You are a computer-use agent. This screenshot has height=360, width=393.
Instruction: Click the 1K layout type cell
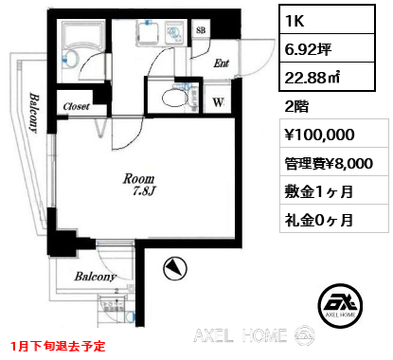[x=327, y=20]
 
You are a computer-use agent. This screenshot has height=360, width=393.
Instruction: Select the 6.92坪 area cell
[x=327, y=48]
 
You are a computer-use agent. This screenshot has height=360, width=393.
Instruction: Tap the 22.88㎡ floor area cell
[x=327, y=77]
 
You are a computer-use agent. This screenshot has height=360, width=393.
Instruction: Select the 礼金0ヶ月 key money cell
[x=334, y=218]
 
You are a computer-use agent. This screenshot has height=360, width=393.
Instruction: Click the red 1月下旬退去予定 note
[x=58, y=347]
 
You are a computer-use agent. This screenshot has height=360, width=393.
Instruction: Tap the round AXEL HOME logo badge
[x=340, y=306]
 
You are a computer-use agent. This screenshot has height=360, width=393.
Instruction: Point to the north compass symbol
[x=175, y=269]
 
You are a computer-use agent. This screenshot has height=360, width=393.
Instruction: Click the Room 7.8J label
[x=140, y=185]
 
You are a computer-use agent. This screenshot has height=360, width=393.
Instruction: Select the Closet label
[x=76, y=106]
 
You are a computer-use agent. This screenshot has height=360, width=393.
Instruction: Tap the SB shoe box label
[x=201, y=30]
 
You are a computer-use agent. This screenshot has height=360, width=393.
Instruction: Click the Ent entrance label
[x=221, y=63]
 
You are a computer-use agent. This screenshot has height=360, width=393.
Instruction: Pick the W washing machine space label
[x=218, y=102]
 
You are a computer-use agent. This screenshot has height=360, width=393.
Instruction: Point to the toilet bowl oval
[x=174, y=99]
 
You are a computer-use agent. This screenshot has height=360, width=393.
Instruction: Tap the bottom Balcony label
[x=96, y=277]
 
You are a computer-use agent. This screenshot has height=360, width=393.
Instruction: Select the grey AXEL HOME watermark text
[x=241, y=335]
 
